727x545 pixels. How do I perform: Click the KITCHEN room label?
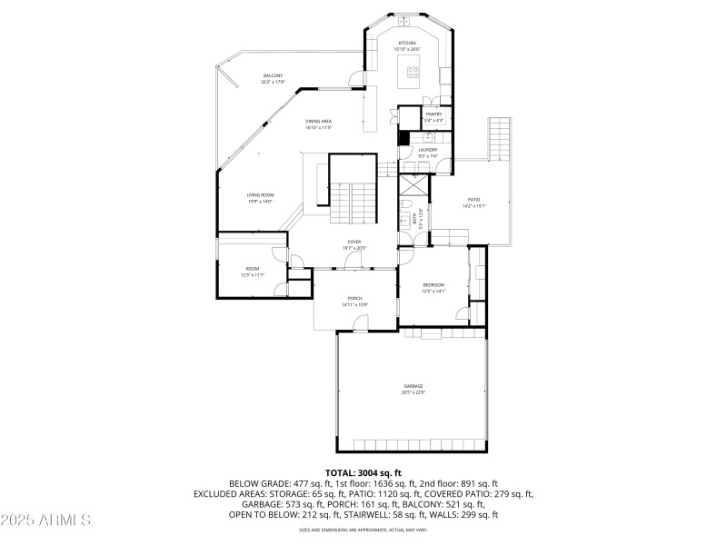pyautogui.click(x=406, y=44)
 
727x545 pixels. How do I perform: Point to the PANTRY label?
pyautogui.click(x=433, y=114)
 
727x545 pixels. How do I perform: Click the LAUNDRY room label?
pyautogui.click(x=428, y=150)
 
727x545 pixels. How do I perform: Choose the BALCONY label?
pyautogui.click(x=273, y=75)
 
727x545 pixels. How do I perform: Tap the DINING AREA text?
pyautogui.click(x=318, y=121)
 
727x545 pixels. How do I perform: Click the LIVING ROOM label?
pyautogui.click(x=260, y=195)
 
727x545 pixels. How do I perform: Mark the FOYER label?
pyautogui.click(x=354, y=242)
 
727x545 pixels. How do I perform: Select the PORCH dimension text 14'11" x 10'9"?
pyautogui.click(x=354, y=304)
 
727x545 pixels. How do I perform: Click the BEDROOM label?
pyautogui.click(x=433, y=285)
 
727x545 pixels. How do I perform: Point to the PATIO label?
pyautogui.click(x=473, y=200)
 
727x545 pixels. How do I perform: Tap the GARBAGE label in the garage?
pyautogui.click(x=413, y=386)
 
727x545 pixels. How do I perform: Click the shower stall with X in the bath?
pyautogui.click(x=413, y=185)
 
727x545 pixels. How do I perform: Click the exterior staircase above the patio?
pyautogui.click(x=501, y=138)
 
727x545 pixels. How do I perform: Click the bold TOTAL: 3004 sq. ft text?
pyautogui.click(x=363, y=473)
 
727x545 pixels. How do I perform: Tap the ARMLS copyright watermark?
pyautogui.click(x=45, y=520)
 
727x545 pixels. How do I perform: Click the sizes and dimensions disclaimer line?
pyautogui.click(x=363, y=530)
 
